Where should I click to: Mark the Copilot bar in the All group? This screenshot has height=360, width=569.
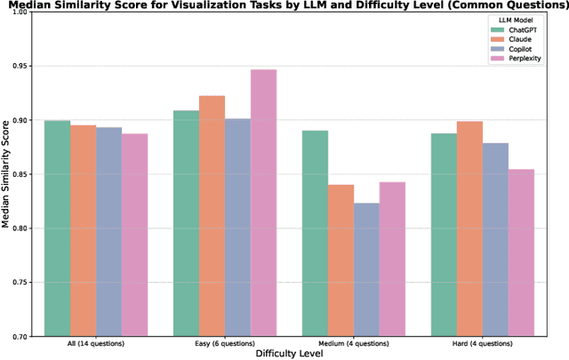point(108,231)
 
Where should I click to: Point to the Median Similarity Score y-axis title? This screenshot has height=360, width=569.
point(7,174)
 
